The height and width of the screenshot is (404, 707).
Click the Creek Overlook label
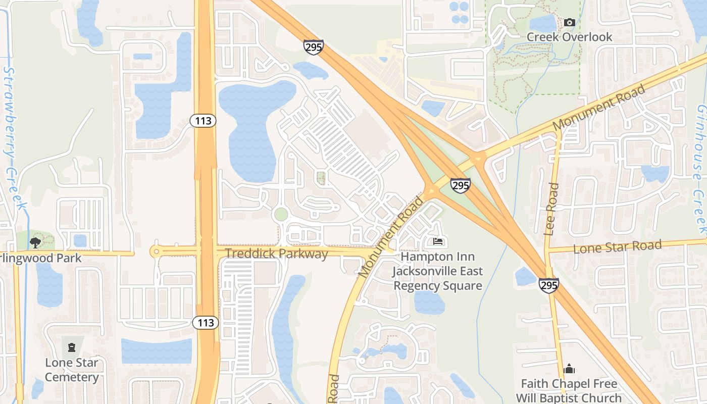click(569, 37)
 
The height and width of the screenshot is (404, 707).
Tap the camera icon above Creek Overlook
click(570, 22)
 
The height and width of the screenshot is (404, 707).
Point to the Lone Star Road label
click(617, 247)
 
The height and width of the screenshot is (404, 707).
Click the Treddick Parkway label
click(276, 254)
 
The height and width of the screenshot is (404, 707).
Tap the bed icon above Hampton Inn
click(438, 241)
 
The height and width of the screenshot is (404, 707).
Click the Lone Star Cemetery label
click(72, 370)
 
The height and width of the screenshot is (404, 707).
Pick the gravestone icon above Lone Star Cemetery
click(71, 347)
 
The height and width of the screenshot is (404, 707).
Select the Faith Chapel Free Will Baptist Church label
click(569, 390)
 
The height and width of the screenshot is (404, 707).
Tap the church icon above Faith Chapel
click(569, 369)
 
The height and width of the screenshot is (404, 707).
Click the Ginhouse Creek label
click(700, 167)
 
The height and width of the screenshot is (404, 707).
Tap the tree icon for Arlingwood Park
click(35, 243)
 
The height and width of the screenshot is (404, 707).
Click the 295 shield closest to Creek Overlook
click(314, 47)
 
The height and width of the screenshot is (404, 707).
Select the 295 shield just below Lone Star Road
click(548, 285)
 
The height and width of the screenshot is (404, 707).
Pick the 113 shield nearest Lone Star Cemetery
click(206, 322)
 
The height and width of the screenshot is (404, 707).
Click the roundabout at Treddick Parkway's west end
click(156, 251)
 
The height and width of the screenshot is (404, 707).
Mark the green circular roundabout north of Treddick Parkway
click(281, 214)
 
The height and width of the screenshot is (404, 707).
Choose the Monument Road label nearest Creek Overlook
click(599, 108)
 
